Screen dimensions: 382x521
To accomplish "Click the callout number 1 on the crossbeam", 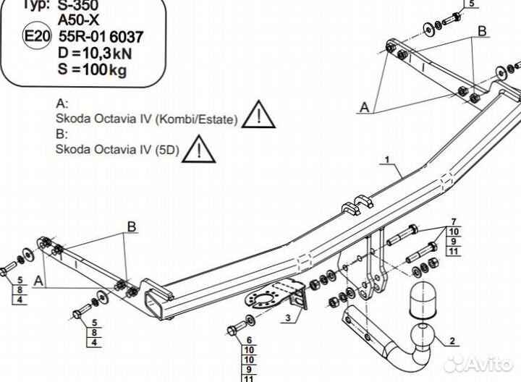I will [388, 158].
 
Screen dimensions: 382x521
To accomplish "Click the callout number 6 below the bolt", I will [250, 340].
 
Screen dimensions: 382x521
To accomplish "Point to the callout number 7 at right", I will [454, 221].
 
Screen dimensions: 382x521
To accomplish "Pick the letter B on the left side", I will [132, 227].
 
